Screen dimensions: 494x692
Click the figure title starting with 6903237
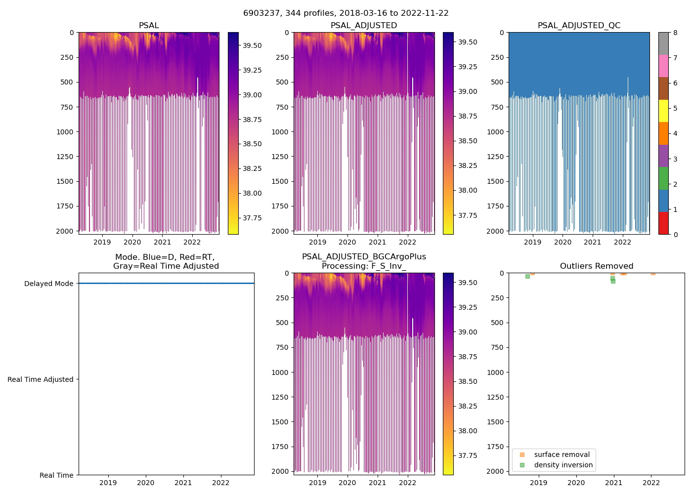coord(346,13)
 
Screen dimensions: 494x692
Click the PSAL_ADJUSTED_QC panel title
coord(579,26)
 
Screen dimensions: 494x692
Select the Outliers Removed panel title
coord(596,266)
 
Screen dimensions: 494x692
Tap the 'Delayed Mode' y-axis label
coord(48,284)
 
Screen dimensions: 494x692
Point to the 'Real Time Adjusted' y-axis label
coord(41,379)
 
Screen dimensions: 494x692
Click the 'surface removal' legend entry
coord(562,454)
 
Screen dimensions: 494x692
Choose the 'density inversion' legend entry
coord(563,465)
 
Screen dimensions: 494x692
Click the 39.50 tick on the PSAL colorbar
coord(252,45)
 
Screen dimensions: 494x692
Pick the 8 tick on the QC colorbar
coord(675,33)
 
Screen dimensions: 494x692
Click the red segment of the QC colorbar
coord(663,223)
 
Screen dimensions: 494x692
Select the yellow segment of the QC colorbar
coord(663,111)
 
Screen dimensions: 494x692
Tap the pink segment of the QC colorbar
coord(663,66)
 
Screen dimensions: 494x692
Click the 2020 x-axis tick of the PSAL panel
coord(132,242)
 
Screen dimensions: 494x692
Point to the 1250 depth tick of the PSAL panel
coord(65,157)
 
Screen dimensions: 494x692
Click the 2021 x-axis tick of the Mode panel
coord(183,483)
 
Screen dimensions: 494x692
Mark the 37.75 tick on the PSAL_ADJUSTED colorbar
coord(468,215)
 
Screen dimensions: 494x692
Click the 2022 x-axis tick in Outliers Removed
coord(651,483)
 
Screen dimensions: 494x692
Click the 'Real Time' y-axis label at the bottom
coord(56,475)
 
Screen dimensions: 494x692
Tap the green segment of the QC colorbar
coord(663,178)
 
